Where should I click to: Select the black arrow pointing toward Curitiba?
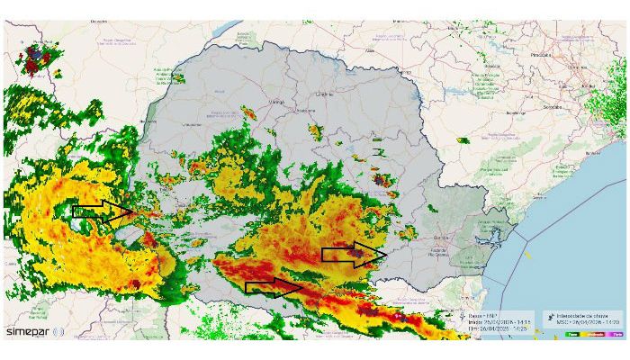(355, 255)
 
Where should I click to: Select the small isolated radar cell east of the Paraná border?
(463, 140)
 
